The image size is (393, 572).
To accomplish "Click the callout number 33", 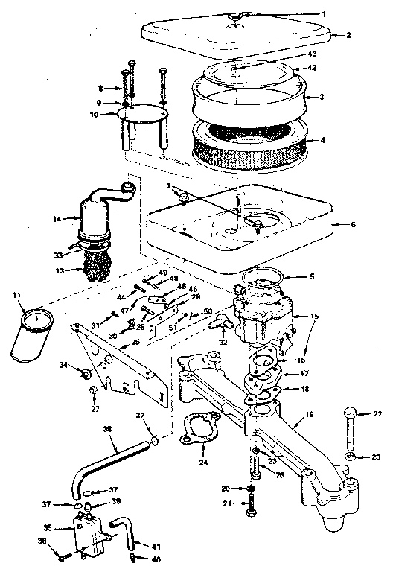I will (58, 254).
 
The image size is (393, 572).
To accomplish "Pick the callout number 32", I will (223, 343).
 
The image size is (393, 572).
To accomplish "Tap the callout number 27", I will (95, 409).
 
